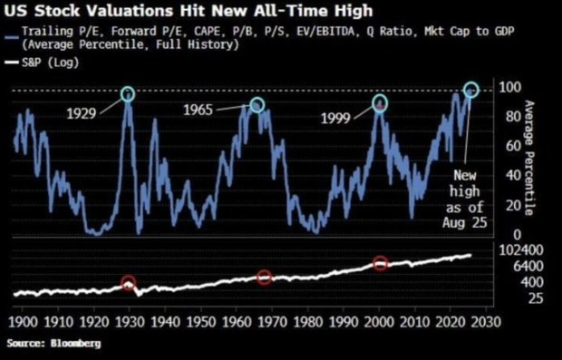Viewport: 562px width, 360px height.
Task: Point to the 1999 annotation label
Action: click(340, 118)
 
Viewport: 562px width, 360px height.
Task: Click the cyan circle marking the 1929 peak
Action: click(128, 94)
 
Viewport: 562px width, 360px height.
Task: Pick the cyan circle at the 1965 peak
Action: click(257, 105)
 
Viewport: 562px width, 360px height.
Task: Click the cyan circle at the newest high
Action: click(470, 90)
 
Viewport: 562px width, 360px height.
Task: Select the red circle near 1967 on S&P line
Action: click(264, 277)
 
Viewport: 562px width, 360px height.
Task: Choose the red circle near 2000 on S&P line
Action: click(381, 263)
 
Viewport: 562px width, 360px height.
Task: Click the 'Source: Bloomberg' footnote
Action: click(54, 345)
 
